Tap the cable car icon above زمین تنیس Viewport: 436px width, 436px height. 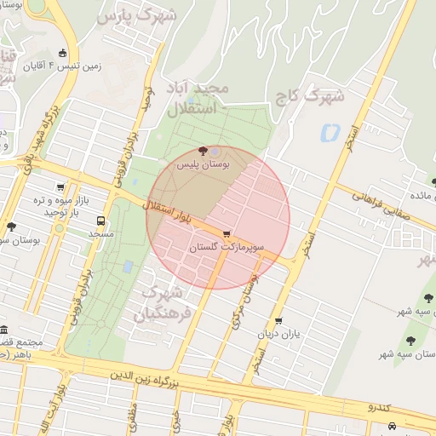point(61,53)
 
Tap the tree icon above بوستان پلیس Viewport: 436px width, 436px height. point(201,151)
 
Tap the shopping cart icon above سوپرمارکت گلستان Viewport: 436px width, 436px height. point(226,233)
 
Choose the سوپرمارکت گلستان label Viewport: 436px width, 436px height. point(227,246)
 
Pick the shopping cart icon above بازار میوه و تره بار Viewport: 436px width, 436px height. point(60,187)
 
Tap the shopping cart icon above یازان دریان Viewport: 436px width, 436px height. point(278,321)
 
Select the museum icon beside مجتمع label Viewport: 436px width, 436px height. point(4,330)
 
